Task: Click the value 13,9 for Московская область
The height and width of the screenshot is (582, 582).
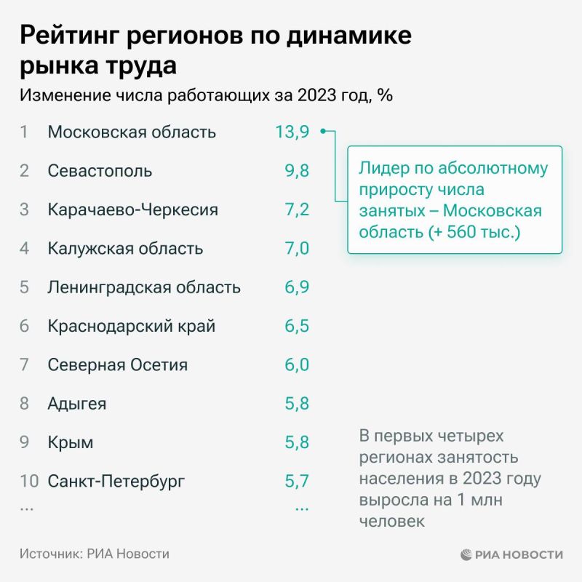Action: pos(292,132)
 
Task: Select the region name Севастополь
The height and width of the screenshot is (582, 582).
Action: pos(100,171)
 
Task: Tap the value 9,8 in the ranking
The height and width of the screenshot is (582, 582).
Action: pos(297,171)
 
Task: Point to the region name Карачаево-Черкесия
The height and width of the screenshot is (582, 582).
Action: pos(132,210)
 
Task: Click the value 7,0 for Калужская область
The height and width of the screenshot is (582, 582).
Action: pos(297,248)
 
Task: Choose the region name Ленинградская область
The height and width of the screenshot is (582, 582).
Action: pos(143,287)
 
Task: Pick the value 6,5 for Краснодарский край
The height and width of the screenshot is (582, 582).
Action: pos(297,325)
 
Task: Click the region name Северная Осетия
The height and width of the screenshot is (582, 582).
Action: pos(117,364)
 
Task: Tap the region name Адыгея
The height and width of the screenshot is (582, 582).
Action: pos(77,403)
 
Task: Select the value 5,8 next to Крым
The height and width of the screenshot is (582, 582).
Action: pos(297,442)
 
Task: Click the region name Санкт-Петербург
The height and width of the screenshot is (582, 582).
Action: pos(116,480)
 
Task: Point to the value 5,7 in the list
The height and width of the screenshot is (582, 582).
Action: pos(297,480)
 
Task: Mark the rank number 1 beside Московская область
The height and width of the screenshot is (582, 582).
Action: pos(24,132)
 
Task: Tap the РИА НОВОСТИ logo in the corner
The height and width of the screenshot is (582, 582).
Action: pos(511,554)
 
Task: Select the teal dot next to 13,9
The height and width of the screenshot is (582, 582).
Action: pos(323,132)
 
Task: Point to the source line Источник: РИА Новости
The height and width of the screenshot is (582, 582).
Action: pos(95,554)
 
